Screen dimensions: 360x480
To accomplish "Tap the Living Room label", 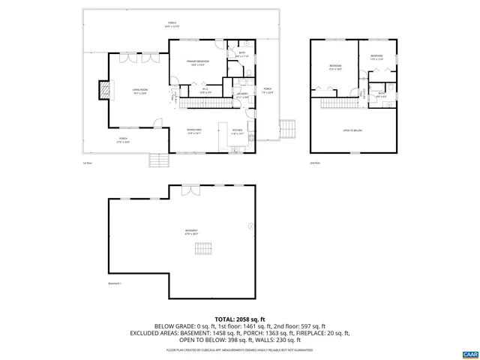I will click(x=139, y=91).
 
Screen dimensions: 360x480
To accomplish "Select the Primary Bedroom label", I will click(x=198, y=62).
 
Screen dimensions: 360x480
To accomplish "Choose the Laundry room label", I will click(x=243, y=94).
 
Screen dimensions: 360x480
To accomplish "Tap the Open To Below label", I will click(x=352, y=130).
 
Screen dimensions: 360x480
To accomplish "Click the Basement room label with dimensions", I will click(x=191, y=232).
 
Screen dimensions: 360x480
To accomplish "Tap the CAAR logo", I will click(x=469, y=352).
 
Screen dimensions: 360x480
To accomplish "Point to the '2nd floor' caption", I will click(x=315, y=163).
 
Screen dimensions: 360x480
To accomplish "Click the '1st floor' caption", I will click(x=87, y=163).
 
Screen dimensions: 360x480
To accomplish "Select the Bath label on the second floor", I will click(x=382, y=94).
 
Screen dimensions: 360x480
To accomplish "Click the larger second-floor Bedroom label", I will click(x=335, y=67).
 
